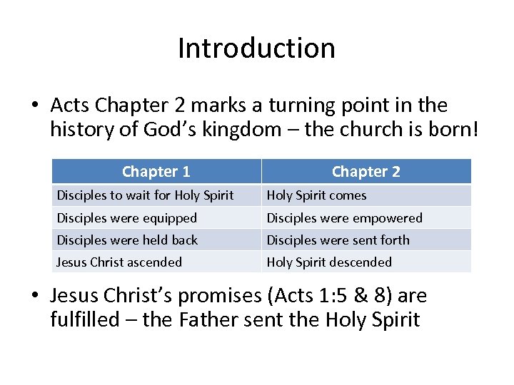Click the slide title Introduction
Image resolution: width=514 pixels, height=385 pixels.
[256, 48]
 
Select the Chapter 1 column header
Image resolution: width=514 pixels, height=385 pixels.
[156, 171]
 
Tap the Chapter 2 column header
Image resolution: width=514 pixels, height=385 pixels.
[366, 171]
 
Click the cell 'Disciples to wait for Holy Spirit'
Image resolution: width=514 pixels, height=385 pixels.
[145, 195]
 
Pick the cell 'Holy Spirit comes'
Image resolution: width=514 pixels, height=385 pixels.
[316, 195]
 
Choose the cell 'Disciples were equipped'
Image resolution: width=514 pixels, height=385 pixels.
[126, 217]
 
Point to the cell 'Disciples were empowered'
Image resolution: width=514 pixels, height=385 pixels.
[344, 217]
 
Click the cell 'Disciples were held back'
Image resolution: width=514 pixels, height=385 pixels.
[127, 240]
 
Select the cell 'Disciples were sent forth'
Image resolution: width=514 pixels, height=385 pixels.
[338, 240]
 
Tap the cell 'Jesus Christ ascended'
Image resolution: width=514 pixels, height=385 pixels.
[119, 262]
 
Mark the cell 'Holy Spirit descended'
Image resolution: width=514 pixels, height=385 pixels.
[329, 262]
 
